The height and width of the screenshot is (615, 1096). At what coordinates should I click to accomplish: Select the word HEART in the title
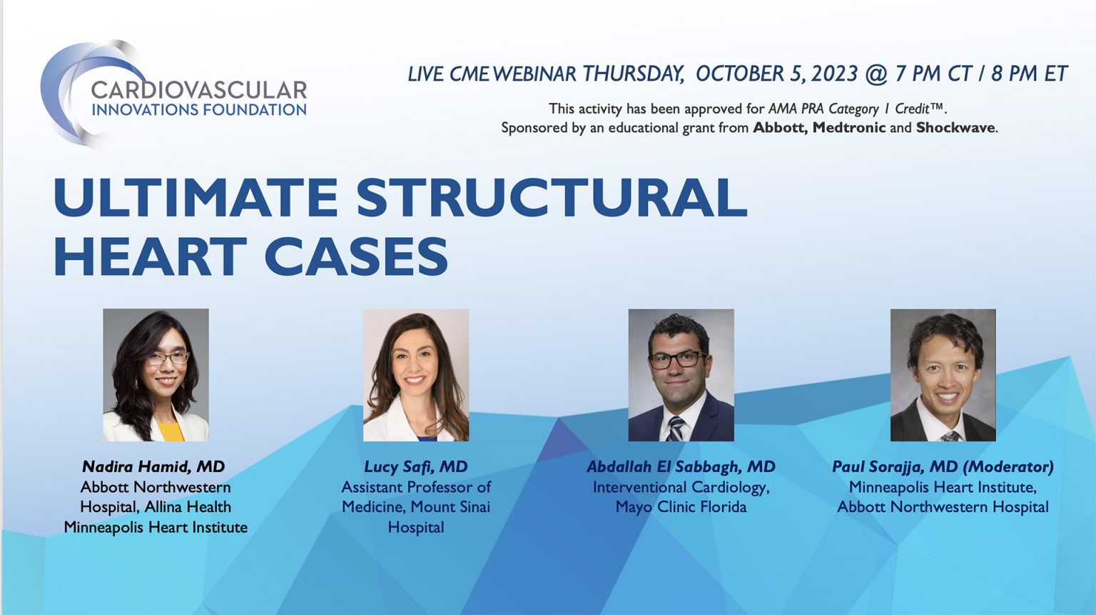coord(150,256)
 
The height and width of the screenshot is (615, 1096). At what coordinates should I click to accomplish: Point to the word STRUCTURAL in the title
coord(552,197)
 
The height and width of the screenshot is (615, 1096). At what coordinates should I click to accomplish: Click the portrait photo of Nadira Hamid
coord(156,374)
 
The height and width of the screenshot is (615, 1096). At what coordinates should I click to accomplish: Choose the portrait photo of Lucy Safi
coord(416,374)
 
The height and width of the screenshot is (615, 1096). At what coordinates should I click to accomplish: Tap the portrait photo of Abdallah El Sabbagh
coord(681,374)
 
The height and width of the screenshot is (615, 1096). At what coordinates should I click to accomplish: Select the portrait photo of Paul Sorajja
coord(943,374)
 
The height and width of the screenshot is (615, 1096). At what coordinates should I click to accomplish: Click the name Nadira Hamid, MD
coord(153,466)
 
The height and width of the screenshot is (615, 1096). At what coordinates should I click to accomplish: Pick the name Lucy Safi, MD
coord(416,466)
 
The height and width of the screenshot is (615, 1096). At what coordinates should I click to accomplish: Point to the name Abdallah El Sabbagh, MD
coord(681,466)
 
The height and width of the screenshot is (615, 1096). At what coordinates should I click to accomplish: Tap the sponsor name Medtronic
coord(848,128)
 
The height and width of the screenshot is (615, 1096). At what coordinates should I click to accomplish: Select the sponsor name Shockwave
coord(955,128)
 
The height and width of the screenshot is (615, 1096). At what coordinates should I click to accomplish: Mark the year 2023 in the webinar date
coord(834,74)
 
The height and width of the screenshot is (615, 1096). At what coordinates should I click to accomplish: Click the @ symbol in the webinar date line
coord(876,74)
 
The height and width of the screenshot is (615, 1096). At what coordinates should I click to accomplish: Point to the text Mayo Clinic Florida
coord(681,507)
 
